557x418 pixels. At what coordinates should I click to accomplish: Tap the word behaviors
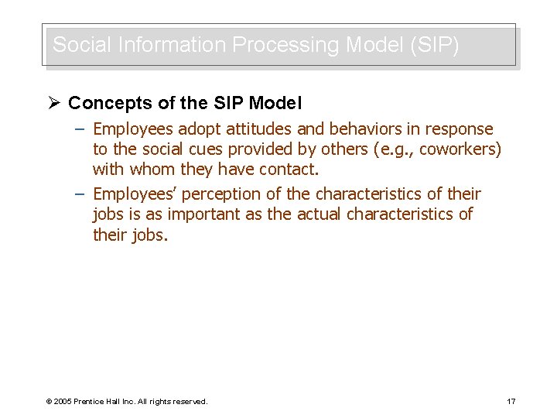click(x=368, y=129)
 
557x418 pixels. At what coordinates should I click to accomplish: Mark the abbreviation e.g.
click(x=391, y=149)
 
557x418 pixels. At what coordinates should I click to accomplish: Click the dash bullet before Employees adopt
click(x=80, y=129)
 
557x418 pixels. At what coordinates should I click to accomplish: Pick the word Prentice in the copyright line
click(x=93, y=401)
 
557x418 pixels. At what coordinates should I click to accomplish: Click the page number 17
click(x=511, y=401)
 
